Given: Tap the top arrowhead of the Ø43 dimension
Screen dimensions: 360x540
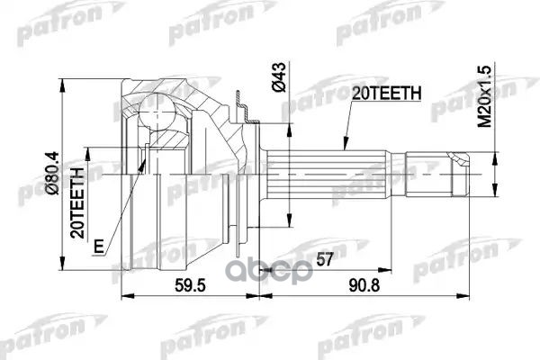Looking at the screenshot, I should (x=290, y=121).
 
